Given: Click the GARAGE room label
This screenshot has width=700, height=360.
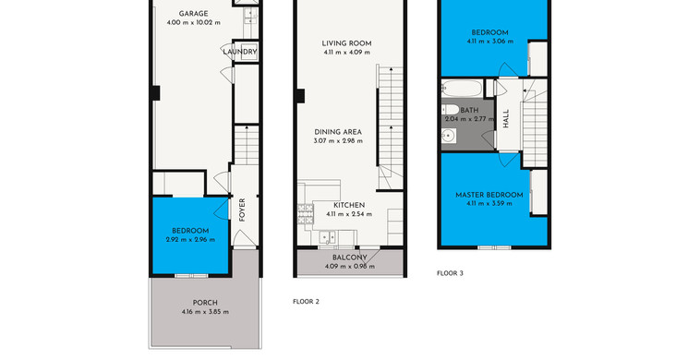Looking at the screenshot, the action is tap(193, 14).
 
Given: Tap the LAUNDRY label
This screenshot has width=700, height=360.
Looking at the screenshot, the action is tap(240, 52).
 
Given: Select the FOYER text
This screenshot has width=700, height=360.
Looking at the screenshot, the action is tap(242, 210).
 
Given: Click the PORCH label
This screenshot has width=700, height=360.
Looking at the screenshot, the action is tap(205, 303).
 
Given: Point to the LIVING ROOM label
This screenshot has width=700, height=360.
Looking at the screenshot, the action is tap(347, 43).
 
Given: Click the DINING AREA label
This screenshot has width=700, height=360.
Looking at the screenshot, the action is tap(338, 132).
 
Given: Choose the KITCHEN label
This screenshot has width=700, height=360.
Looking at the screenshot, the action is tap(349, 205).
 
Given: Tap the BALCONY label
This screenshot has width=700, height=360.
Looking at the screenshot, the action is tap(350, 258).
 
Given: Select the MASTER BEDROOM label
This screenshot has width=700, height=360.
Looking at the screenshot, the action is tap(489, 195).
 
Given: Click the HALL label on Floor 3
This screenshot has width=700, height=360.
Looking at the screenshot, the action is tap(506, 119).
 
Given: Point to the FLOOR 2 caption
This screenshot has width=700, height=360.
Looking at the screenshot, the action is tap(306, 302).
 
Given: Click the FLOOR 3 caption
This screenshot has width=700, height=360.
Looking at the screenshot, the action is tap(450, 273).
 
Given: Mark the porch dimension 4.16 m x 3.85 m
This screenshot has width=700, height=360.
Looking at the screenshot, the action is tap(205, 312).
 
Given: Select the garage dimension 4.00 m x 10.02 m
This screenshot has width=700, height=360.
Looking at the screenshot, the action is tap(193, 22).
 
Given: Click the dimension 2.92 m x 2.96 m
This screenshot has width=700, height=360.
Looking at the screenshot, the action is tap(190, 240).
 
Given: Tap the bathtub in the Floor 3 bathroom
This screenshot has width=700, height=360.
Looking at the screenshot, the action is tap(462, 89).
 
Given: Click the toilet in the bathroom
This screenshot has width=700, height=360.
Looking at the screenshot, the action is tap(450, 109).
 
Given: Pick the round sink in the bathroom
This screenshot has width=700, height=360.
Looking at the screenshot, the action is tap(448, 135).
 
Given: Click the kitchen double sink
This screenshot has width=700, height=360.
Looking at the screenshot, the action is tap(328, 237).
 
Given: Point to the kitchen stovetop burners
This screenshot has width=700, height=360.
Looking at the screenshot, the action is tap(306, 213).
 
